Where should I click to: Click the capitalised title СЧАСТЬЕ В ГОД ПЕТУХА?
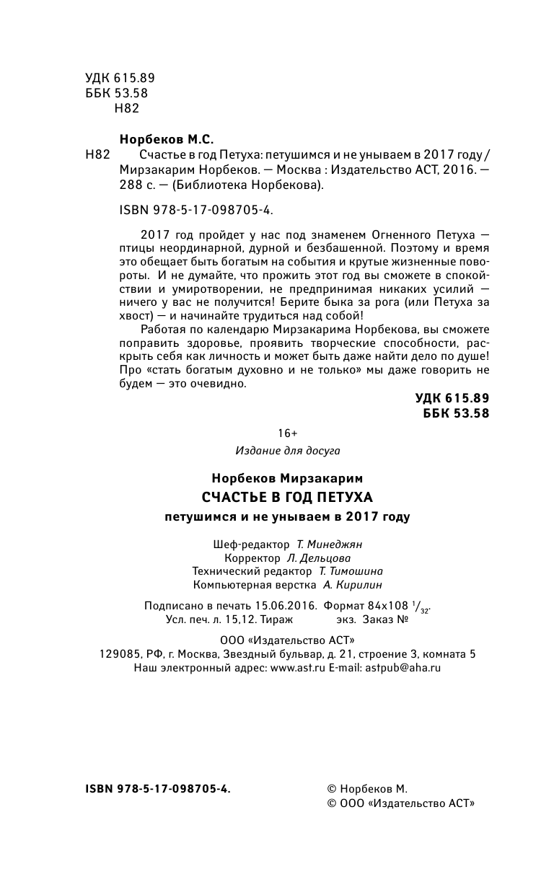point(287,497)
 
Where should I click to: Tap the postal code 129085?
point(119,655)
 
